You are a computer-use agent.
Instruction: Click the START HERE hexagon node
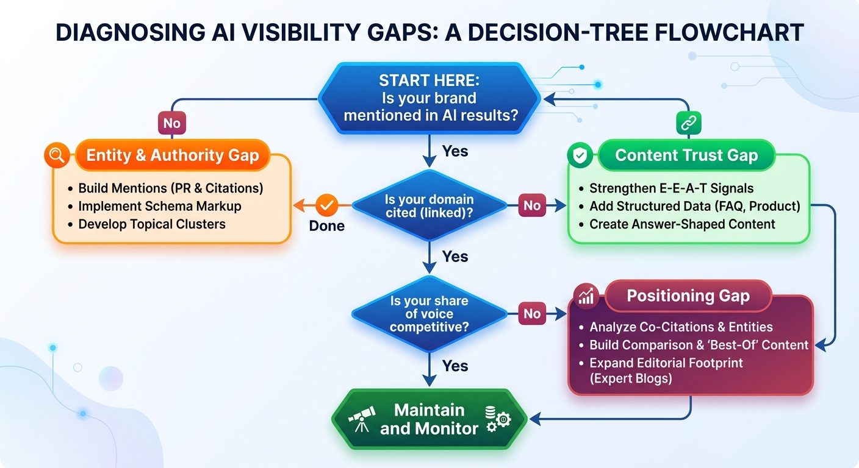429,97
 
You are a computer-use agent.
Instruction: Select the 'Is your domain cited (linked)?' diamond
429,205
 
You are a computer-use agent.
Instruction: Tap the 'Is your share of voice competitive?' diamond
429,314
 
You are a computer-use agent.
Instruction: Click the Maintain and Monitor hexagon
429,419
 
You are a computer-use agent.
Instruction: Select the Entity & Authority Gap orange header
172,155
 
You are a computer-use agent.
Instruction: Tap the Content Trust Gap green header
686,155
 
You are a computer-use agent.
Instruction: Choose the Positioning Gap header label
688,296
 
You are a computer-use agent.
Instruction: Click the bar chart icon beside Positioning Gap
586,297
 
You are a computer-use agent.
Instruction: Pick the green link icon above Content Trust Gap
689,123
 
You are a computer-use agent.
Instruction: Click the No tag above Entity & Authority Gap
171,123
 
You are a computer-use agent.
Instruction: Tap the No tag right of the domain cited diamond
532,205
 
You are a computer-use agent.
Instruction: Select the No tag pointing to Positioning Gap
532,314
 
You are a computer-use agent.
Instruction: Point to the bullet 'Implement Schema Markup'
160,206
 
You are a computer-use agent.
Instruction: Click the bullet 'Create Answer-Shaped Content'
681,224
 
